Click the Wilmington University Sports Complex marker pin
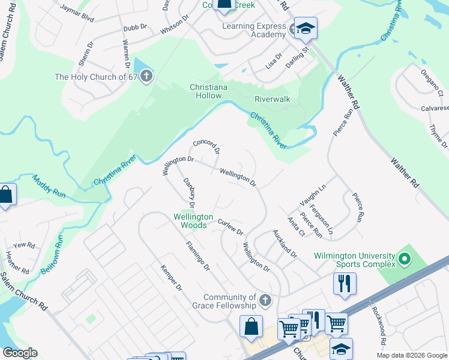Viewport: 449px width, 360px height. tap(404, 260)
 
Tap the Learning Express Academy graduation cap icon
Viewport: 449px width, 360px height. tap(305, 28)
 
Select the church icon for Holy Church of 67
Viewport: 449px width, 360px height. tap(146, 77)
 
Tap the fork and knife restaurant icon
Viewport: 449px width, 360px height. tap(345, 283)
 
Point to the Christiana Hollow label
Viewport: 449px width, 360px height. tap(205, 91)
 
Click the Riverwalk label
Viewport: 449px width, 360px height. tap(272, 98)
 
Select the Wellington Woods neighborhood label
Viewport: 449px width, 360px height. tap(193, 221)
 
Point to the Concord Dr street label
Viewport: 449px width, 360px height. tap(206, 148)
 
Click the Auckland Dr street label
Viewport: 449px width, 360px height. tap(285, 243)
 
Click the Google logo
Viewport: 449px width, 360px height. tap(19, 353)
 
